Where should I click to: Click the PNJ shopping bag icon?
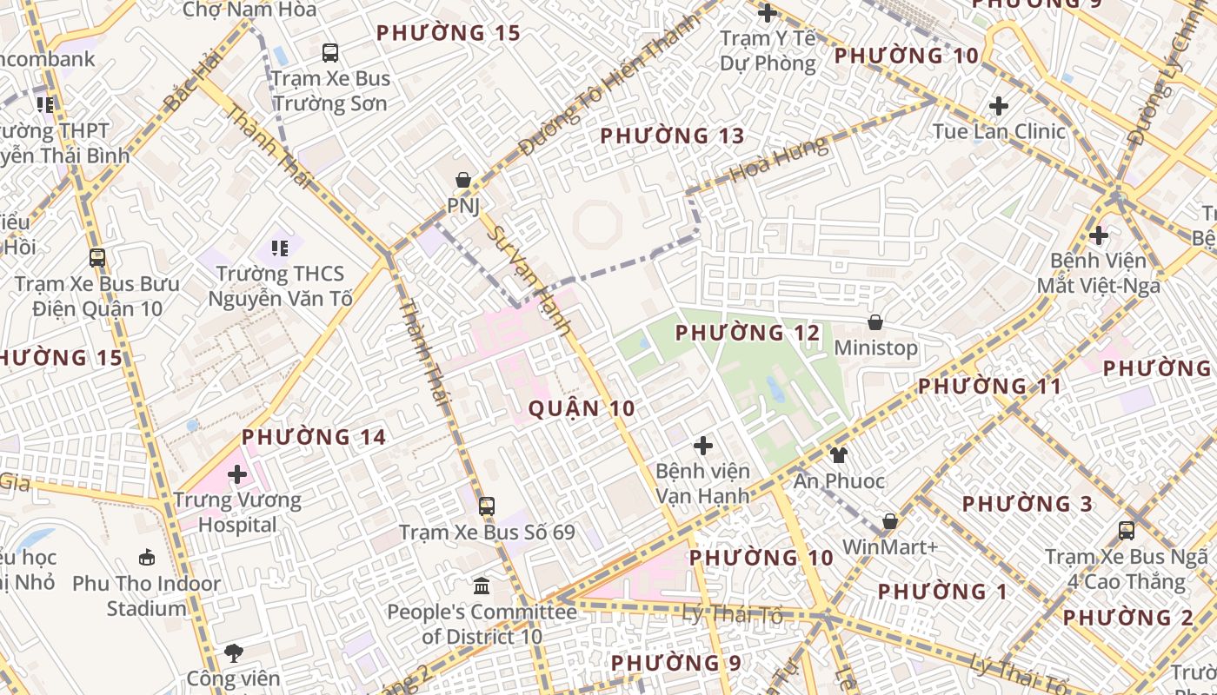click(x=463, y=180)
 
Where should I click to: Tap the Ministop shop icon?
click(x=875, y=322)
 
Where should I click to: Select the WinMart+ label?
click(x=890, y=547)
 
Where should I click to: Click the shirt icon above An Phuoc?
click(x=838, y=454)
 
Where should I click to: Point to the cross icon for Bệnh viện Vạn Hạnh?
click(x=702, y=446)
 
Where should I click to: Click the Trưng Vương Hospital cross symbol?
click(x=236, y=474)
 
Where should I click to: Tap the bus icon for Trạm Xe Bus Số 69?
click(x=487, y=506)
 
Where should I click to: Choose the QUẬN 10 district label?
click(x=581, y=408)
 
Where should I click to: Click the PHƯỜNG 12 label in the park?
click(x=747, y=333)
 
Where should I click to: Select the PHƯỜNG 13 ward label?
click(x=672, y=136)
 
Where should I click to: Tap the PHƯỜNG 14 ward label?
click(x=313, y=437)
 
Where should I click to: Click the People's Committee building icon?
click(x=482, y=586)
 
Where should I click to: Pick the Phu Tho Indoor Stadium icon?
click(x=147, y=557)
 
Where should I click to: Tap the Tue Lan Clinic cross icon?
click(x=999, y=106)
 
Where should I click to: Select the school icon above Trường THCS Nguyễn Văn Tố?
click(x=279, y=248)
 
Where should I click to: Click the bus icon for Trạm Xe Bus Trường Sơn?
click(x=330, y=52)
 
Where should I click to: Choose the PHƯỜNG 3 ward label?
click(x=1027, y=504)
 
